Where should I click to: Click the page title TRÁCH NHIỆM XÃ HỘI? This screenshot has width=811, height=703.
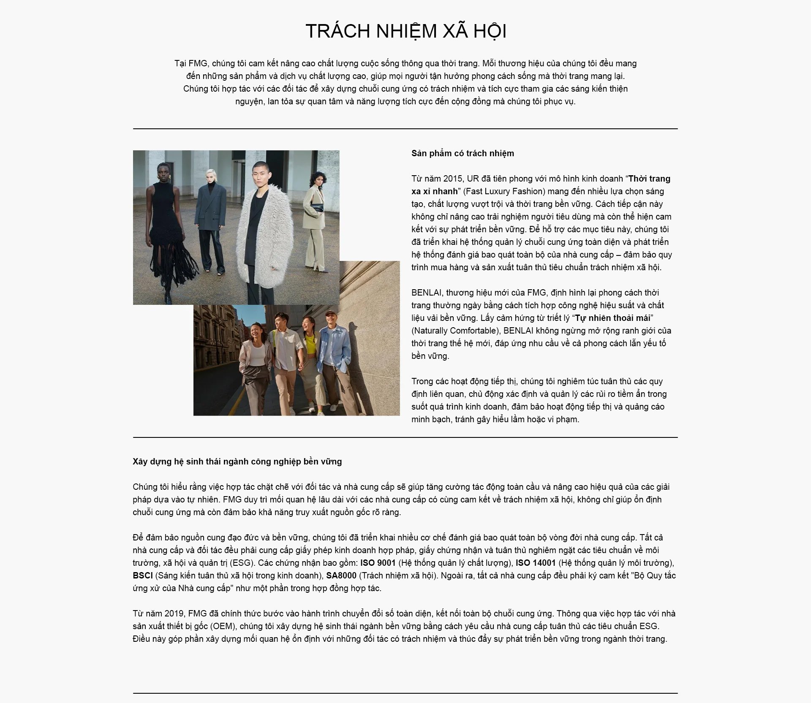(x=405, y=31)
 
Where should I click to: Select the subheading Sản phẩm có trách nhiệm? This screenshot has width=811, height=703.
(x=463, y=153)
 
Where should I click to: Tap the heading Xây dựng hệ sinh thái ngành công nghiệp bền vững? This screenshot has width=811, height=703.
(x=237, y=461)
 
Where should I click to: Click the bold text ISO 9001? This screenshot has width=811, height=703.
(x=378, y=563)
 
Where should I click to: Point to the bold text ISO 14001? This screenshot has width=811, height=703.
(x=535, y=563)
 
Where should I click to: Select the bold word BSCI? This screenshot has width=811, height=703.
(x=142, y=575)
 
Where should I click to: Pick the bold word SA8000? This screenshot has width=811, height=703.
(x=341, y=575)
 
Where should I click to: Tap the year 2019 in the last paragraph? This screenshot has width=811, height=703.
(x=174, y=613)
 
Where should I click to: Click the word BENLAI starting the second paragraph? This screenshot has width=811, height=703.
(x=427, y=293)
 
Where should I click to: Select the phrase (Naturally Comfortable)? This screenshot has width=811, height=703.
(x=456, y=331)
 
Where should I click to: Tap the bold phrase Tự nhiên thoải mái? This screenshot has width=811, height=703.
(x=612, y=318)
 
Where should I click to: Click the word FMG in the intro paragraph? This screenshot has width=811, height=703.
(x=198, y=63)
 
